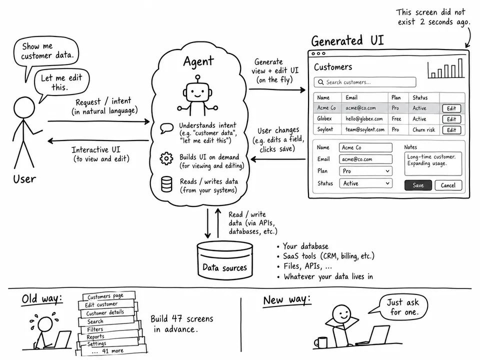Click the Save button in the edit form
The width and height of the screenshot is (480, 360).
pyautogui.click(x=418, y=185)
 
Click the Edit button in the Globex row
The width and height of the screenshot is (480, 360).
pyautogui.click(x=451, y=119)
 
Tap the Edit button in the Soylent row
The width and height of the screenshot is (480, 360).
pyautogui.click(x=451, y=130)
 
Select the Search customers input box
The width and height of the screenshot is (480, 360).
pyautogui.click(x=365, y=82)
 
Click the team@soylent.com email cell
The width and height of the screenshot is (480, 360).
pyautogui.click(x=365, y=129)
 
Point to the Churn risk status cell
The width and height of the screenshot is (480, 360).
pyautogui.click(x=423, y=130)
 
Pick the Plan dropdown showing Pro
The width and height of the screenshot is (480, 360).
pyautogui.click(x=365, y=171)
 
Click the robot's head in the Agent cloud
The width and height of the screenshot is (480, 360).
pyautogui.click(x=197, y=91)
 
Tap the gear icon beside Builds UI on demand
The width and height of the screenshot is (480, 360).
pyautogui.click(x=166, y=158)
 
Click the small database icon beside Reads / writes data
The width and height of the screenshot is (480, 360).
pyautogui.click(x=166, y=184)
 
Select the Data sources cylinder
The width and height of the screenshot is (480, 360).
pyautogui.click(x=225, y=260)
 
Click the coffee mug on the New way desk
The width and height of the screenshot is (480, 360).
pyautogui.click(x=320, y=342)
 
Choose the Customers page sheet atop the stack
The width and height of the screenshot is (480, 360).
pyautogui.click(x=108, y=296)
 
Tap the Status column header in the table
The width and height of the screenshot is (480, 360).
pyautogui.click(x=420, y=97)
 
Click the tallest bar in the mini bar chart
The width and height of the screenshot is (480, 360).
pyautogui.click(x=460, y=68)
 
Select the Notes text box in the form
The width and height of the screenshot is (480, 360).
pyautogui.click(x=433, y=164)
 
